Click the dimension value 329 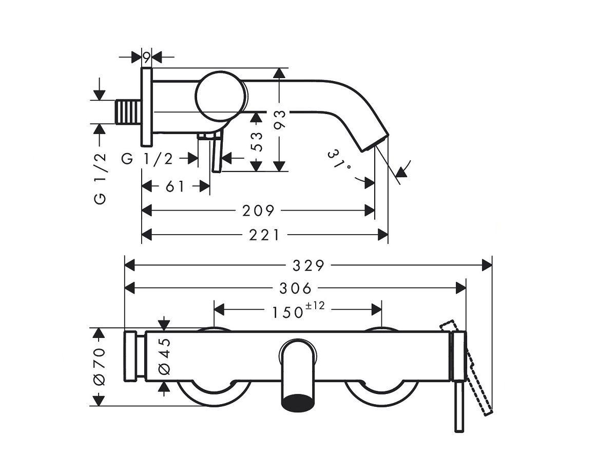[x=309, y=265]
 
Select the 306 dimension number [x=295, y=288]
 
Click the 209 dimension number [x=259, y=210]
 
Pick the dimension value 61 [x=175, y=186]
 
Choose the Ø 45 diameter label [x=164, y=356]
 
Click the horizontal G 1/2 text [x=147, y=159]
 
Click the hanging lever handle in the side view [x=216, y=154]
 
